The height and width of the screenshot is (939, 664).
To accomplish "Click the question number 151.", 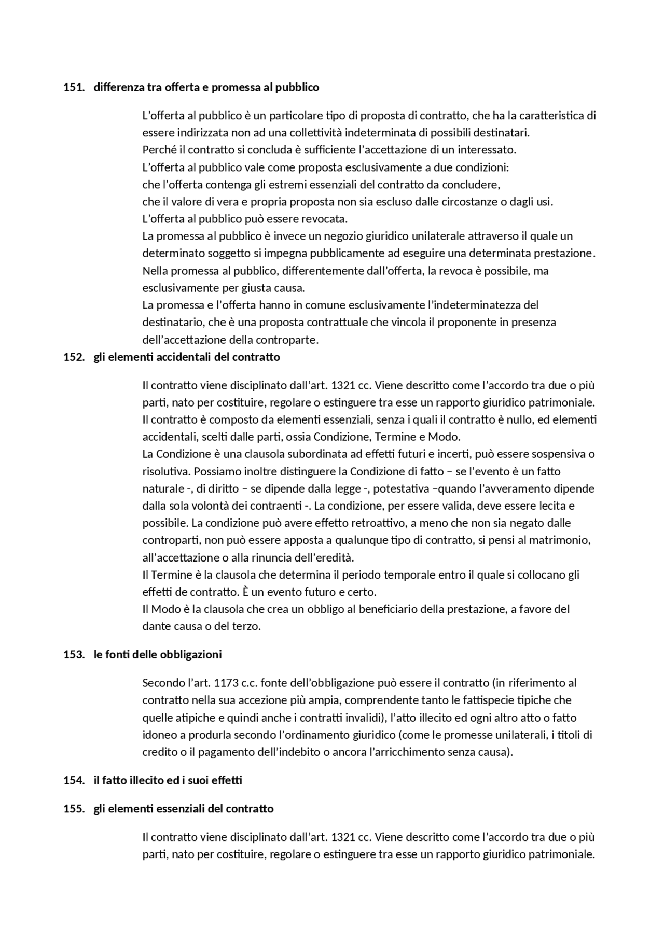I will click(73, 87).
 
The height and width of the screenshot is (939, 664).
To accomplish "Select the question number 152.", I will click(73, 357).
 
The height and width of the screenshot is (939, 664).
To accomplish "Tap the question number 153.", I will click(73, 654).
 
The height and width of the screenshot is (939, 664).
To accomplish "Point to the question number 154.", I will click(73, 780).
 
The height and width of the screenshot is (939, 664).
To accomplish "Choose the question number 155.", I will click(73, 808).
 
